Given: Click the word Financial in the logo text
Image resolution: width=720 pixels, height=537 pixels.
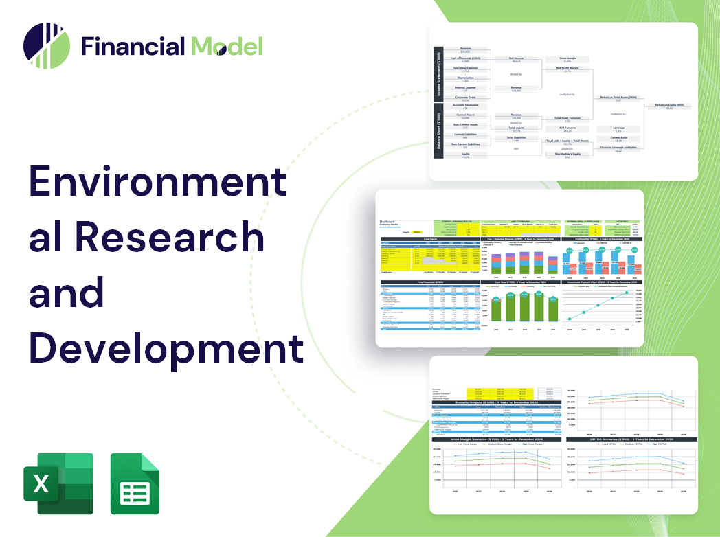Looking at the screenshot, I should point(132,46).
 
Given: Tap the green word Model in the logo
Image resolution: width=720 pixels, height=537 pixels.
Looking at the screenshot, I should point(227,46).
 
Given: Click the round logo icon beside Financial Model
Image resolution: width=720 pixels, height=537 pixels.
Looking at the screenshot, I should point(47,47).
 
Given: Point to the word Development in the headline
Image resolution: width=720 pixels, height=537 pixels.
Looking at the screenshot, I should point(166,348).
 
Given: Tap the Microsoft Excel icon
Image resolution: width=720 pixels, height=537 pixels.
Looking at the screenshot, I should point(58,483).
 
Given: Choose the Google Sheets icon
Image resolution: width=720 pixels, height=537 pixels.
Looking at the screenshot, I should point(135,483).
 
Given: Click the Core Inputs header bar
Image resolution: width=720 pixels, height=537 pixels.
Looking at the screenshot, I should point(430,240).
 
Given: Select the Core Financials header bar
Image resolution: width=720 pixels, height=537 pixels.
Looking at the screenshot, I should point(430,282).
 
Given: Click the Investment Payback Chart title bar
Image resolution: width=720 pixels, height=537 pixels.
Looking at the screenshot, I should point(603,282).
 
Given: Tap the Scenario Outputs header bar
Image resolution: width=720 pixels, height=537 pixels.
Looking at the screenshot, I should point(495,402).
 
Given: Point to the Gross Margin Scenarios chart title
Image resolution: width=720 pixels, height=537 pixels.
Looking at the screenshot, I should point(495,439).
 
